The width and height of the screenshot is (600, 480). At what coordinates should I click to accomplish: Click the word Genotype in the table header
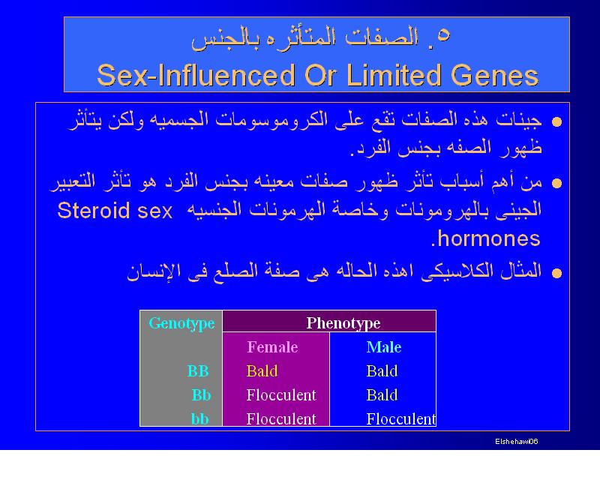tap(181, 324)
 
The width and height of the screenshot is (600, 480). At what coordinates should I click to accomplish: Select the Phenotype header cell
tap(329, 321)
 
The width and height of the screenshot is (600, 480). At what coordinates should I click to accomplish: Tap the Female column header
tap(272, 347)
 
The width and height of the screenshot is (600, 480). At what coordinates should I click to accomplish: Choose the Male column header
tap(384, 347)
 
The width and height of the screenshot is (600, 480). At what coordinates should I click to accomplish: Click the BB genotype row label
tap(198, 371)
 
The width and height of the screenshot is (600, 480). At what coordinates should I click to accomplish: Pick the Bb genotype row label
tap(201, 395)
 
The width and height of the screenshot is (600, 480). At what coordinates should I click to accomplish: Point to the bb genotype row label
tap(199, 419)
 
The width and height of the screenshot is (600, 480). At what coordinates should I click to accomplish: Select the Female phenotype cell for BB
tap(262, 371)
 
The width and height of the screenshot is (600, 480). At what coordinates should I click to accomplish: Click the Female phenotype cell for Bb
tap(281, 395)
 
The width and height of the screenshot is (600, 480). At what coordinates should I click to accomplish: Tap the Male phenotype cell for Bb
tap(382, 395)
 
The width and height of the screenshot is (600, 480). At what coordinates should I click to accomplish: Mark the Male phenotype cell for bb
tap(401, 419)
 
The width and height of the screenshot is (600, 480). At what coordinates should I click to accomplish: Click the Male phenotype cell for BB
tap(382, 371)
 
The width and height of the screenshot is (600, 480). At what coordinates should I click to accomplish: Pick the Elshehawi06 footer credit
tap(517, 441)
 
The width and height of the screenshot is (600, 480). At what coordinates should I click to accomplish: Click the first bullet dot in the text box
tap(556, 121)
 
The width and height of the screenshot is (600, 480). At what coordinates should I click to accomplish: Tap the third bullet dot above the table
tap(556, 273)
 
